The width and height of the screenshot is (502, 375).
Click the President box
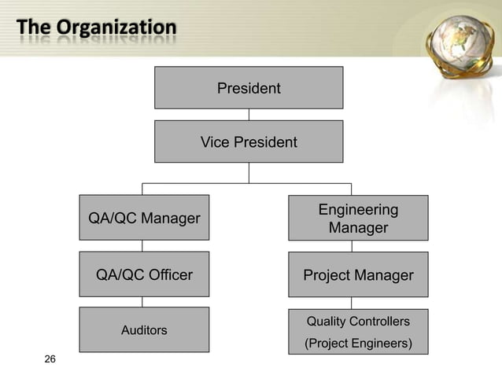click(249, 87)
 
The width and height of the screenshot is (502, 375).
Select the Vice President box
click(249, 142)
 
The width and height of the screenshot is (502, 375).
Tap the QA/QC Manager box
click(143, 218)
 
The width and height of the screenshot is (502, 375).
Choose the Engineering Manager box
click(358, 218)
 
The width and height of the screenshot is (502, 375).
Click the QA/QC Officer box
click(143, 274)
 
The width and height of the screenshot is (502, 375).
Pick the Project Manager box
click(358, 274)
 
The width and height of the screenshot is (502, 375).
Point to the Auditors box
click(143, 329)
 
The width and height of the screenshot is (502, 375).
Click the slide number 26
click(50, 360)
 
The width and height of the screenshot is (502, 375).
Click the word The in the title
click(32, 28)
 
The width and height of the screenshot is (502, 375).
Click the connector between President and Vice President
click(249, 115)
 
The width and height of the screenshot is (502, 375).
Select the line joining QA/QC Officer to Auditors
click(142, 302)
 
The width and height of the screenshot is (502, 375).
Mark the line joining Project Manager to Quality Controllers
click(352, 302)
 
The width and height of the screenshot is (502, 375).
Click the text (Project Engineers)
click(358, 344)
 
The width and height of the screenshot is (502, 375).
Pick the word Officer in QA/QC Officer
click(168, 274)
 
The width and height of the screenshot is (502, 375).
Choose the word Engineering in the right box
click(358, 210)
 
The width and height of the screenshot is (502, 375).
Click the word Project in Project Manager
click(329, 274)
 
